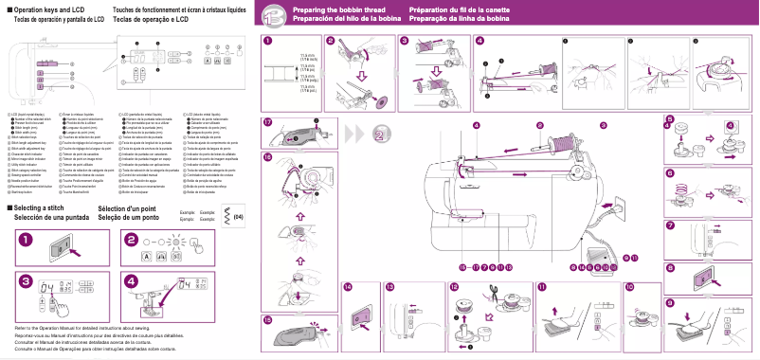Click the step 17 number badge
pyautogui.click(x=268, y=122)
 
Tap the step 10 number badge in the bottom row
pyautogui.click(x=631, y=286)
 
